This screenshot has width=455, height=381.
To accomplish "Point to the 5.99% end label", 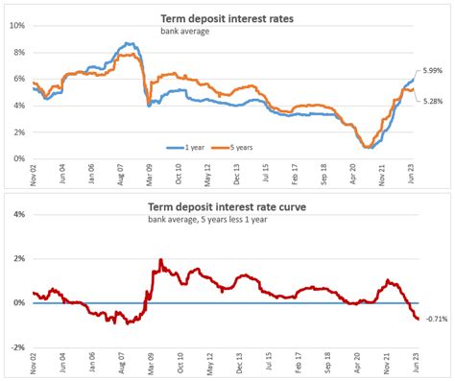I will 433,71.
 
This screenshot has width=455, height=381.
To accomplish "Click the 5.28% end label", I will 433,100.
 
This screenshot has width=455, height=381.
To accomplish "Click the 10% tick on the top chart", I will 16,25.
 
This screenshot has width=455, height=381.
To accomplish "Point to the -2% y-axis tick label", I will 17,347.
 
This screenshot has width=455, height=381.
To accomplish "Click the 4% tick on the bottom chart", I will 18,214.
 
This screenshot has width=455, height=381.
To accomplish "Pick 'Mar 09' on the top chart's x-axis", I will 150,176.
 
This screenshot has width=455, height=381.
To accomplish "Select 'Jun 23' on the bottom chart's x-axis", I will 416,366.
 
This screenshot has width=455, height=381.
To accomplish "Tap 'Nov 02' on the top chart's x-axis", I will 33,176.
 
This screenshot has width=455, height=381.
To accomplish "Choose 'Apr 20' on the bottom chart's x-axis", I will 357,366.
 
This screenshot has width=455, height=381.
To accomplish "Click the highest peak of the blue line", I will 128,43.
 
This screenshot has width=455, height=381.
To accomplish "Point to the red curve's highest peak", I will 159,260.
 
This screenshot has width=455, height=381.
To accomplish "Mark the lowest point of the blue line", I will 368,148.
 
